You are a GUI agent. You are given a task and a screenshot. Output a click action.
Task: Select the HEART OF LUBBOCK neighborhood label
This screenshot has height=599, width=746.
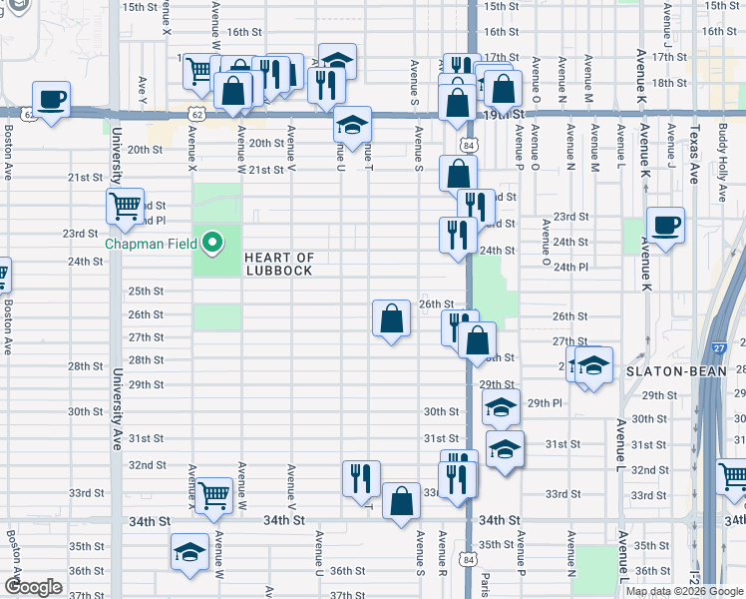click(x=278, y=265)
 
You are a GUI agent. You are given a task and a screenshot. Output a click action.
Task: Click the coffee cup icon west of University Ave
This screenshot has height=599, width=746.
click(x=50, y=100)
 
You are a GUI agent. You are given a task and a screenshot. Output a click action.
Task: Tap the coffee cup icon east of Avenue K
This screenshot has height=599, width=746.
click(x=665, y=225)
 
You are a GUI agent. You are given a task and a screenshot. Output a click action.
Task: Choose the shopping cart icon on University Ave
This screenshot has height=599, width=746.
click(x=126, y=207)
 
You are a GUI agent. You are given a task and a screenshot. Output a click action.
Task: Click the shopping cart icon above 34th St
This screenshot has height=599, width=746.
click(x=214, y=494)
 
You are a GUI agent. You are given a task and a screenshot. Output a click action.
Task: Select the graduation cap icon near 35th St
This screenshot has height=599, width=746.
click(x=187, y=552)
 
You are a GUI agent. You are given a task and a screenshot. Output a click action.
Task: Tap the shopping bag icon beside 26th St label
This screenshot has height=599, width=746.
click(x=391, y=318)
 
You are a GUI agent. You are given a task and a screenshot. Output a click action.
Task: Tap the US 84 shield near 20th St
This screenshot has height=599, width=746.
click(x=468, y=145)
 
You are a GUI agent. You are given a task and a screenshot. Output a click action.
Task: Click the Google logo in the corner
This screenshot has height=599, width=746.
click(x=33, y=587)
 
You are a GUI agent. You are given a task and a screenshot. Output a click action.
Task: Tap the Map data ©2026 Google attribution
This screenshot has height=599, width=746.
click(x=683, y=591)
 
